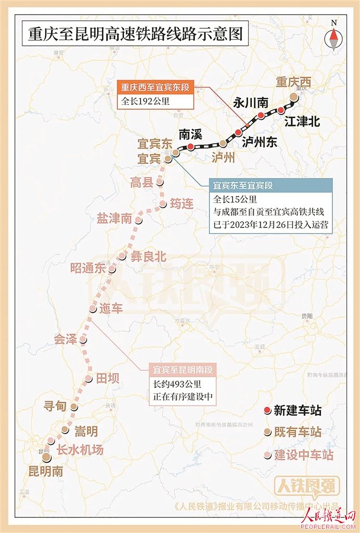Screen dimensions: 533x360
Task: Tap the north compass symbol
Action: coord(333,37)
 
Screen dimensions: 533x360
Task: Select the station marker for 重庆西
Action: coord(294,96)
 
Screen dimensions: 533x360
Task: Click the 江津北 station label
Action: coord(302,122)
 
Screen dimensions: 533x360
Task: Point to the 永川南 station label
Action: coord(250,103)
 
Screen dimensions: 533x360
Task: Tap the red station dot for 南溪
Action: coord(190,147)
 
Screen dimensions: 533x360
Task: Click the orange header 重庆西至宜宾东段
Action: coord(156,87)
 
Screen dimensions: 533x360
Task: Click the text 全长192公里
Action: coord(145,101)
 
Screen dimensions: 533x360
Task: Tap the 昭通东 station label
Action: coord(88,269)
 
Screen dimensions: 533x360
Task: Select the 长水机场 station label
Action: coord(80,450)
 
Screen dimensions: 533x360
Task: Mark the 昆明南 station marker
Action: coord(46,456)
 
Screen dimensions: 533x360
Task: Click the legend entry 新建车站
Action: coord(297,411)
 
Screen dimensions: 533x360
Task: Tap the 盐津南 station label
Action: coord(114,219)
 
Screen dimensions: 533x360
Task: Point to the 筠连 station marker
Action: coord(163,204)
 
